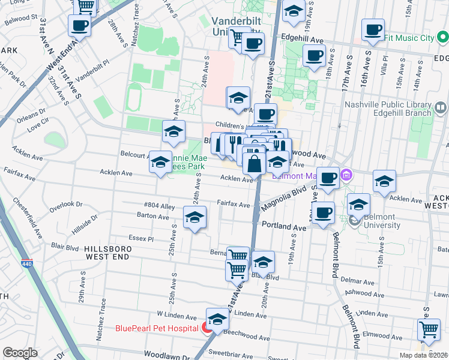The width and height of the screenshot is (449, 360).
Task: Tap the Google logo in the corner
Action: tap(20, 353)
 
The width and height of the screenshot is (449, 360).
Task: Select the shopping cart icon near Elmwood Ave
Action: tap(428, 329)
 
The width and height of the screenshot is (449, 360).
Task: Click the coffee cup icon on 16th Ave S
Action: tap(373, 30)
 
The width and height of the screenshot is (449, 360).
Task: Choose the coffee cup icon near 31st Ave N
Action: tap(80, 26)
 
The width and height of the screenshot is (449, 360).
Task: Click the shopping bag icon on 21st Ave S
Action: tap(255, 162)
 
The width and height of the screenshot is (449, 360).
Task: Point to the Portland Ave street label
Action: tap(284, 227)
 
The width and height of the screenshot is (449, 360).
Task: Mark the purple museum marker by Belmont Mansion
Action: tap(346, 175)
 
